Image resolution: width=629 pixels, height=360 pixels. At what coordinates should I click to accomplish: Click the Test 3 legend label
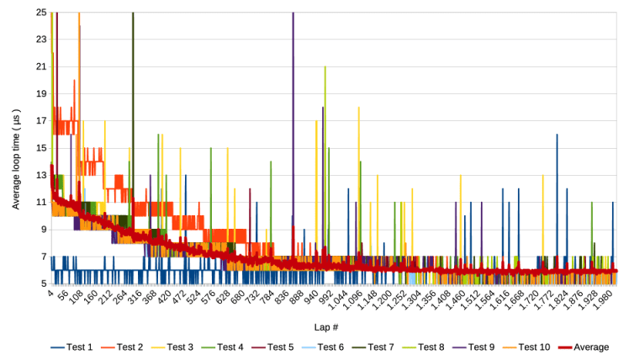pyautogui.click(x=181, y=347)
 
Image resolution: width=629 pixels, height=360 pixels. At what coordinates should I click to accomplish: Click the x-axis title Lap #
pyautogui.click(x=334, y=326)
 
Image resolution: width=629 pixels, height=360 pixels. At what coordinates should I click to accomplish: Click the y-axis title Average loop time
pyautogui.click(x=17, y=147)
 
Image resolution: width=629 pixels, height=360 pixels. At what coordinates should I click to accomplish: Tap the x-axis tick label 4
pyautogui.click(x=51, y=293)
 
